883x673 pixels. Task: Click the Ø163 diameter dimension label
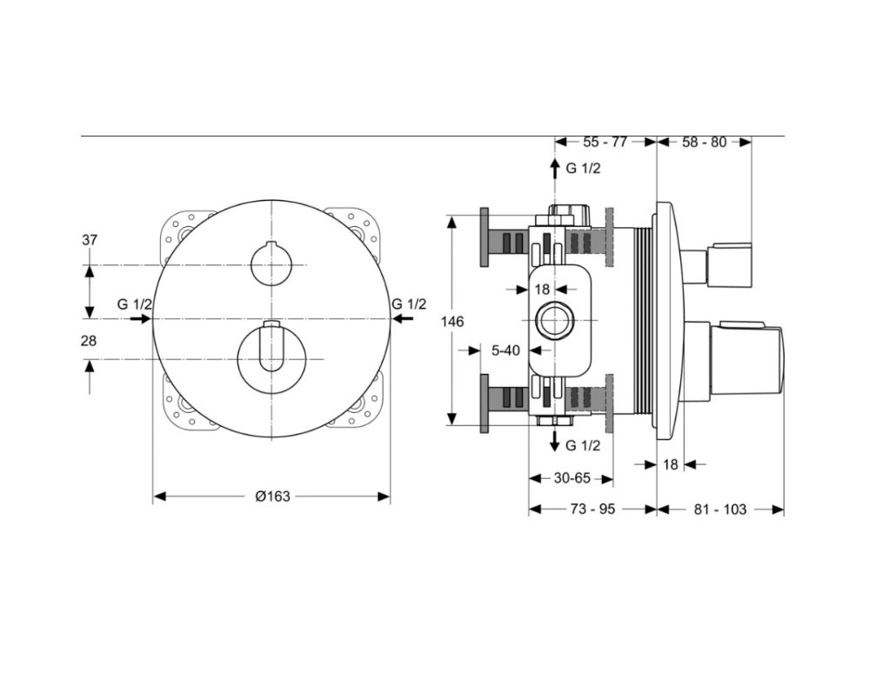point(272,496)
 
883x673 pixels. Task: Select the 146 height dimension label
point(452,322)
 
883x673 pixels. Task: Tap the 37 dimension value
point(90,240)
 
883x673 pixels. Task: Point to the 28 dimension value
point(89,341)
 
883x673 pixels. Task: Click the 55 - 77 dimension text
point(605,142)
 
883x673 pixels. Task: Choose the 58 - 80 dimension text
point(705,142)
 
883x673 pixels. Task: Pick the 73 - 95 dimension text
point(592,509)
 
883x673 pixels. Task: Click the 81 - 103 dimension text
point(720,509)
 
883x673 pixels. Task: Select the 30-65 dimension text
point(572,478)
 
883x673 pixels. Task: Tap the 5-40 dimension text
point(505,350)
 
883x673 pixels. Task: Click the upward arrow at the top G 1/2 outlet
point(555,169)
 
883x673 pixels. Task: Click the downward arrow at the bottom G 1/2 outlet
point(555,441)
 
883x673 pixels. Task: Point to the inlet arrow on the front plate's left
point(141,319)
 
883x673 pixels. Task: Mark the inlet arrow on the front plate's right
point(402,319)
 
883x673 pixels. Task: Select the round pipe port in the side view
point(555,320)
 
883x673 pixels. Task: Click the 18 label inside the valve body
point(542,290)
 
